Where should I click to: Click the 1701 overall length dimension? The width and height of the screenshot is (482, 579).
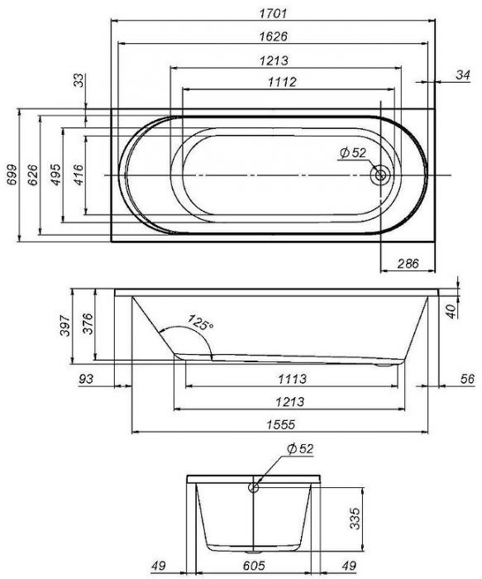273,14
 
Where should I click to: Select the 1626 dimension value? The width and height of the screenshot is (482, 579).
273,36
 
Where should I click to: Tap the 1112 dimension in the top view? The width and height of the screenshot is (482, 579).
282,82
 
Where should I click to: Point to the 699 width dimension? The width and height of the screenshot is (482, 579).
12,175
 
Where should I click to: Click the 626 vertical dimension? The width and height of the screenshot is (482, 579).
32,175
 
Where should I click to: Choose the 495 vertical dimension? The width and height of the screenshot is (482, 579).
55,175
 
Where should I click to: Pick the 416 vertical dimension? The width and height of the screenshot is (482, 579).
79,175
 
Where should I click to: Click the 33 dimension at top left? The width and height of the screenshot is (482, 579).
79,80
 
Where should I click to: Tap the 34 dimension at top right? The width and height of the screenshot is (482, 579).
463,75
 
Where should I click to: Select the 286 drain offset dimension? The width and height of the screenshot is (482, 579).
408,264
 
